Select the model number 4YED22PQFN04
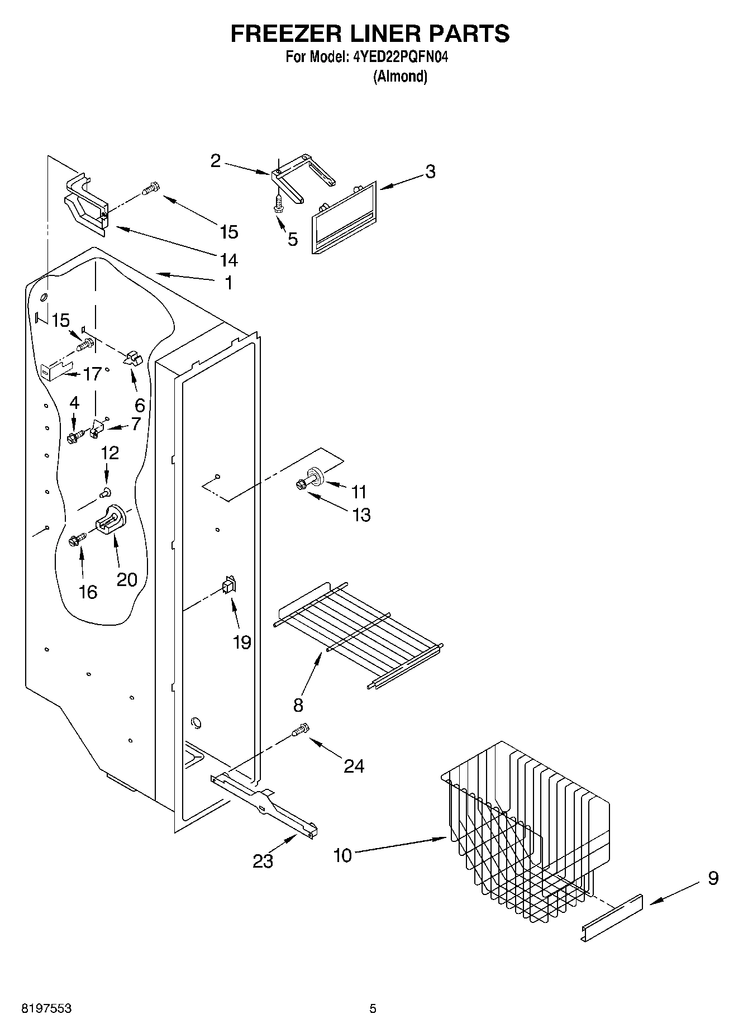tap(401, 57)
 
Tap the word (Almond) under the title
tap(400, 77)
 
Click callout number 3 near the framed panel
tap(430, 172)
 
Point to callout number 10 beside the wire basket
tap(342, 855)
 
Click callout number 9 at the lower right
tap(713, 878)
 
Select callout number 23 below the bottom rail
tap(263, 861)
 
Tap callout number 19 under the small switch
tap(242, 642)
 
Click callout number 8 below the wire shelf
tap(298, 705)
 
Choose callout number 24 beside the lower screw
tap(354, 765)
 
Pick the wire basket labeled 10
tap(525, 832)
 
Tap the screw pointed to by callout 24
tap(301, 730)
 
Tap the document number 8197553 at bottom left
tap(46, 1008)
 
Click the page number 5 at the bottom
tap(373, 1008)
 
